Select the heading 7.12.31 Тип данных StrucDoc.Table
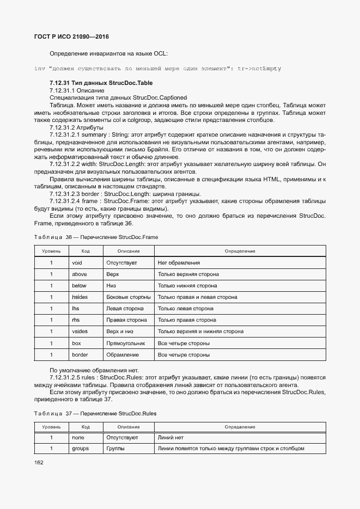tap(101, 83)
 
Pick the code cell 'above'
tap(79, 274)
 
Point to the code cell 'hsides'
tap(80, 297)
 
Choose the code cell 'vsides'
tap(80, 332)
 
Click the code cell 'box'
tap(76, 344)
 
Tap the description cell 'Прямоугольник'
tap(126, 344)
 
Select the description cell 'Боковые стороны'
tap(129, 297)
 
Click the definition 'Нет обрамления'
tap(179, 263)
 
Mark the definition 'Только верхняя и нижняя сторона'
tap(200, 332)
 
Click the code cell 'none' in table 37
tap(78, 437)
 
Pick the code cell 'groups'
tap(80, 449)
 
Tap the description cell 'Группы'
tap(115, 449)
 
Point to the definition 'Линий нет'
tap(172, 437)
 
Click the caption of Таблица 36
tap(96, 237)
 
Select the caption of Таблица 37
tap(95, 413)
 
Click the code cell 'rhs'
tap(76, 320)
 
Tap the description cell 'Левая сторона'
tap(125, 309)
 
